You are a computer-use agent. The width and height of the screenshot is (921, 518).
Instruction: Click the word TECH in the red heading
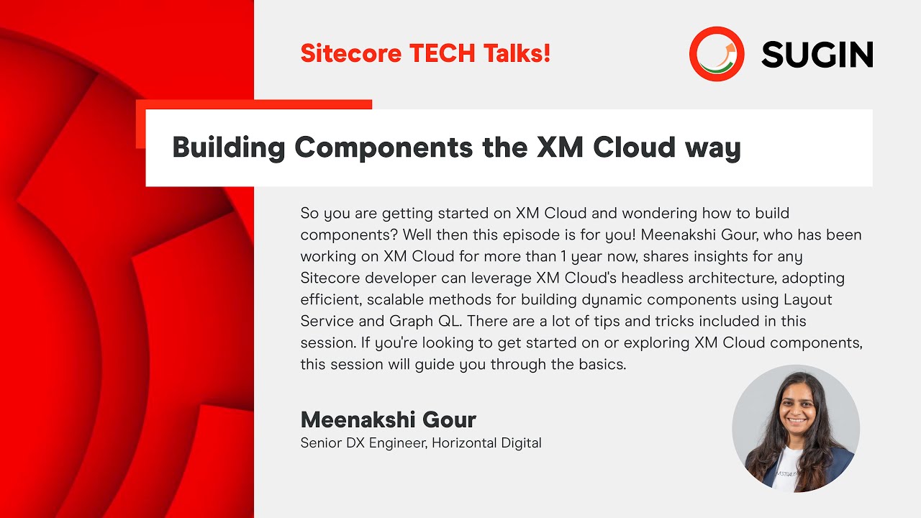tap(443, 53)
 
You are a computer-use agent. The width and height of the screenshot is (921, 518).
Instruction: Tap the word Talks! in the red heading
tap(517, 53)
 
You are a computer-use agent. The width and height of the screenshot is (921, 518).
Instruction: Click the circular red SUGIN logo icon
tap(717, 54)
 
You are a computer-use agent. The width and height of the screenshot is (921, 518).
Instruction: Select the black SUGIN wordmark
tap(817, 54)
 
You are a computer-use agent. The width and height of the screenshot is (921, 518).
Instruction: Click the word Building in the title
tap(229, 147)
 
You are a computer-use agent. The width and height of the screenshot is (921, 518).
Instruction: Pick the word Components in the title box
tap(384, 148)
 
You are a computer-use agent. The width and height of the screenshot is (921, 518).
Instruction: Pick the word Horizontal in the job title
tap(464, 443)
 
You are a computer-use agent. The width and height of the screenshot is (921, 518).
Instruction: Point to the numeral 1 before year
tap(563, 257)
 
